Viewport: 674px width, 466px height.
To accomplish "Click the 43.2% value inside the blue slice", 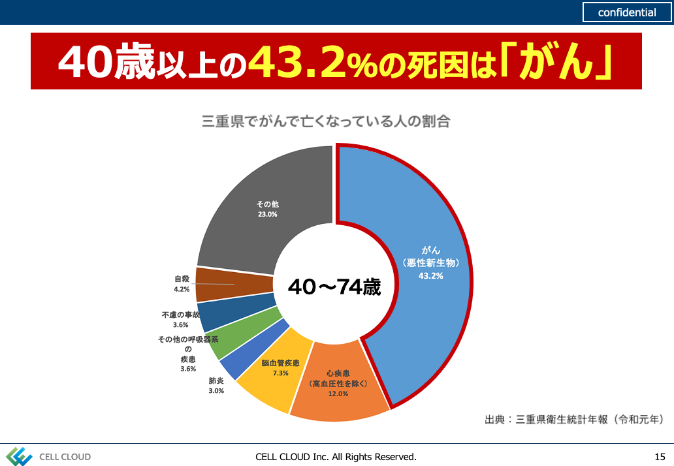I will coord(431,276).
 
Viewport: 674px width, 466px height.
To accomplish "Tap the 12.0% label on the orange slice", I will coord(338,395).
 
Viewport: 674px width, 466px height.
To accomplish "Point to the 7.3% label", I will coord(280,373).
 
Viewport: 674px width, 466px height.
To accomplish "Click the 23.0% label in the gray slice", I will coord(266,214).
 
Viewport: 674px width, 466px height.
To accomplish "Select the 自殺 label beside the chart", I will coord(182,279).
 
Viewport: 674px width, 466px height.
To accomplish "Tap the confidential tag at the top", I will coord(627,12).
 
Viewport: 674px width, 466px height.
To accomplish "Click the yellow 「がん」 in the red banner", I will coord(562,61).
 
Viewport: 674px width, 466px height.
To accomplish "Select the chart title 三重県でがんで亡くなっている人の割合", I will coord(326,121).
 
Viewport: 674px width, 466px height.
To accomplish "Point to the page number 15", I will coord(659,457).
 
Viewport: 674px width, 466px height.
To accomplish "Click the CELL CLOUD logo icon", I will coord(19,456).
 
